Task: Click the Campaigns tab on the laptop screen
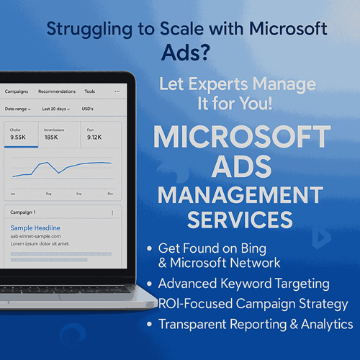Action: [16, 91]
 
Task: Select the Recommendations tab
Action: [57, 91]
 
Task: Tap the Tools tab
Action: [90, 91]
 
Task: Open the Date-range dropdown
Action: [18, 109]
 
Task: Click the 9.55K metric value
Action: [18, 137]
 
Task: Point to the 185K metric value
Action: [51, 137]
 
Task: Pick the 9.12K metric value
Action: [94, 137]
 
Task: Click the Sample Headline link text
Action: [35, 228]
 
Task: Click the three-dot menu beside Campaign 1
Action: [112, 213]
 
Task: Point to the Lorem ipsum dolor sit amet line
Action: [39, 244]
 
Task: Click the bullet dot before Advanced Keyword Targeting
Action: [150, 284]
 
